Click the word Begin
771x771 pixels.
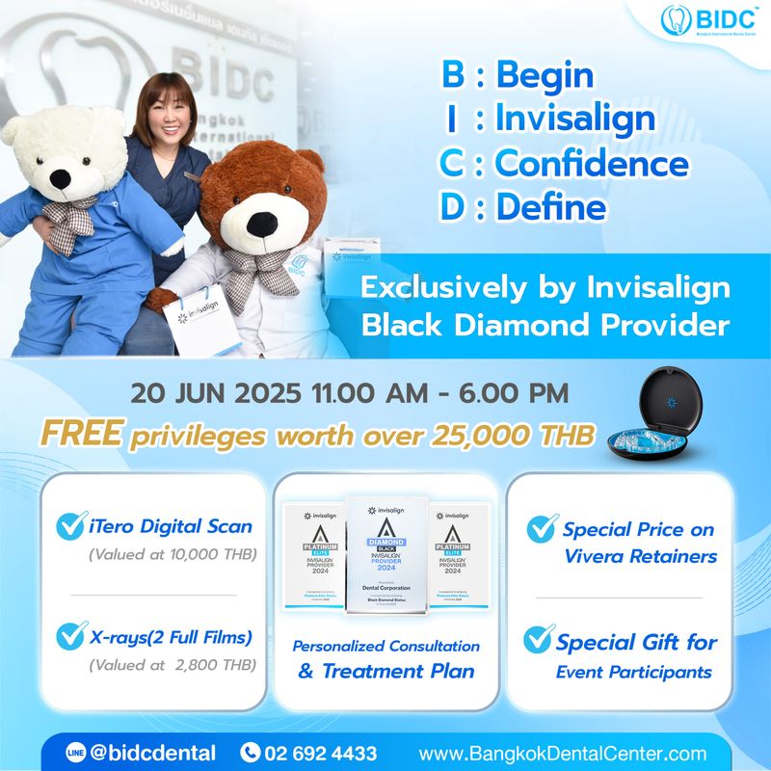544,76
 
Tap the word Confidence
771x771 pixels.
592,164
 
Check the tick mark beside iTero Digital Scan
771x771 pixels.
72,527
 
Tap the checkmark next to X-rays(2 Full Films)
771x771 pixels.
72,636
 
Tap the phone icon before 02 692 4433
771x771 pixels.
251,753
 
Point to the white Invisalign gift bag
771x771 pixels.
199,317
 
